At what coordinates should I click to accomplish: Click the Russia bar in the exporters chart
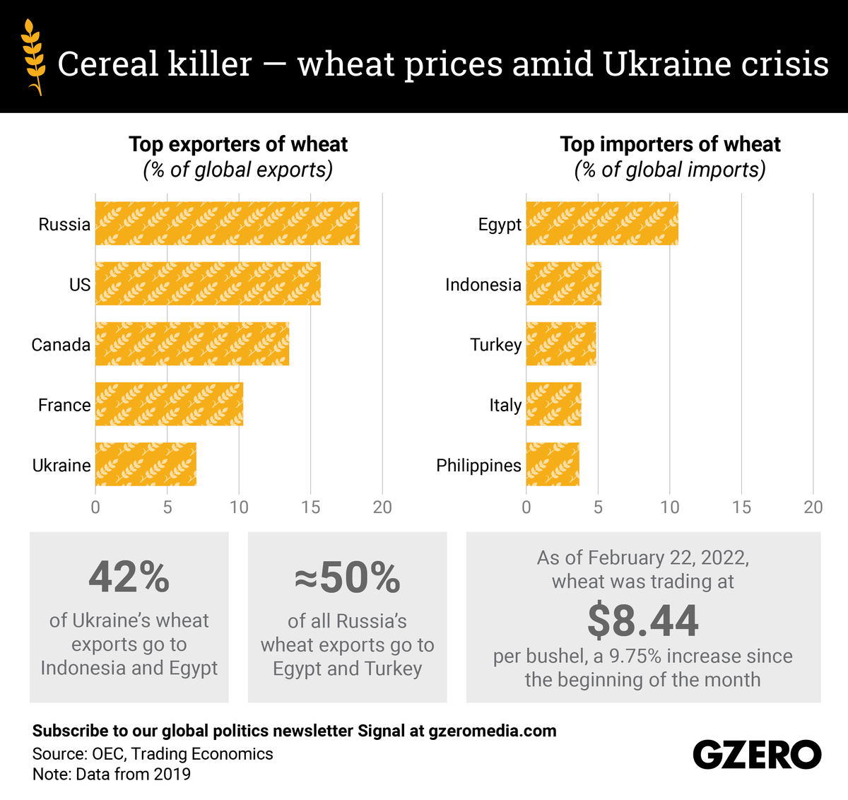tap(227, 223)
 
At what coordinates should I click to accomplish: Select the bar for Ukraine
tap(146, 464)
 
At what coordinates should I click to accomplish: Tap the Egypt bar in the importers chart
tap(602, 223)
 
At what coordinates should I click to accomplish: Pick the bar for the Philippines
tap(553, 464)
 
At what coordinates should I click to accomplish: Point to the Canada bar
tap(192, 343)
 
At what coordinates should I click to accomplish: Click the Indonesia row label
tap(483, 284)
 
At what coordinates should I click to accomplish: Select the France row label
tap(64, 405)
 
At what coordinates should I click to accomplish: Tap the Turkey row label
tap(496, 345)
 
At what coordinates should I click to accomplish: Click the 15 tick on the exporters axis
tap(311, 507)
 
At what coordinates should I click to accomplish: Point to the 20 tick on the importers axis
tap(813, 507)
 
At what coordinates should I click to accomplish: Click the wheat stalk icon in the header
tap(33, 57)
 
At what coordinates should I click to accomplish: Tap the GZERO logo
tap(757, 755)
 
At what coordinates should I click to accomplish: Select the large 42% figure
tap(129, 577)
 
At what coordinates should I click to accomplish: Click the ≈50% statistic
tap(347, 577)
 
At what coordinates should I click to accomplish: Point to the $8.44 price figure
tap(643, 620)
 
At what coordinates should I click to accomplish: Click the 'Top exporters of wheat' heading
tap(238, 144)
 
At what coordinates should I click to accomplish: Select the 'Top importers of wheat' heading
tap(670, 144)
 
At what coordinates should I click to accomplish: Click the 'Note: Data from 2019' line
tap(112, 774)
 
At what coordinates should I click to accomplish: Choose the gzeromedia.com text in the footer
tap(493, 731)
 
